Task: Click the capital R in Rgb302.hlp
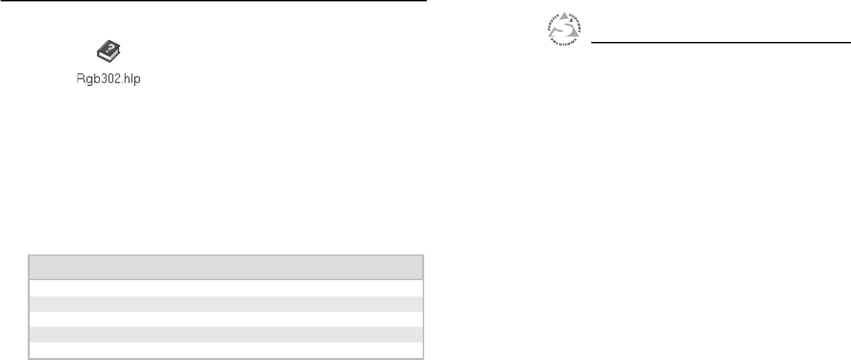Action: tap(80, 78)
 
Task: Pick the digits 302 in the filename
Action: tap(107, 78)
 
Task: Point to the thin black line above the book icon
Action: tap(213, 1)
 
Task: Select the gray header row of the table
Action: tap(225, 267)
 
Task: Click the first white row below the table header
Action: tap(225, 287)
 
